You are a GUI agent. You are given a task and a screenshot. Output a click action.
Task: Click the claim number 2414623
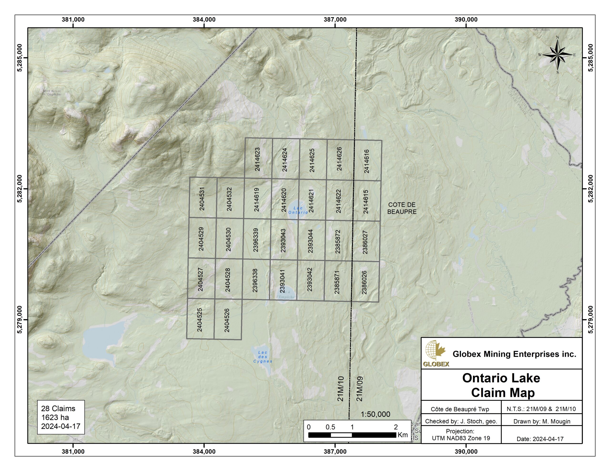point(257,159)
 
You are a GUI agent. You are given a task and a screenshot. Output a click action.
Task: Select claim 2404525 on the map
point(199,320)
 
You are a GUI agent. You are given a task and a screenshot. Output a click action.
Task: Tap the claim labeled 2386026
point(364,282)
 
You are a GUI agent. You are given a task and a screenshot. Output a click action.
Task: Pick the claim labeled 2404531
point(202,199)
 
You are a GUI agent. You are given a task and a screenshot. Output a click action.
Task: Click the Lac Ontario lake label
point(298,210)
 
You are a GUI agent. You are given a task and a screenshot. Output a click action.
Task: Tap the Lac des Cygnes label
point(263,357)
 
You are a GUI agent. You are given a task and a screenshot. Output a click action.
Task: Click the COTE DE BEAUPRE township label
point(402,208)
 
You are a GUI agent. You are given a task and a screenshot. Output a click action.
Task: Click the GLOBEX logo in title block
point(436,353)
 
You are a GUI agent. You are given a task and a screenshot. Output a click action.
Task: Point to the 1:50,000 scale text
point(375,414)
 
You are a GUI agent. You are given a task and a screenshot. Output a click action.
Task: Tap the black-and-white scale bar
point(352,435)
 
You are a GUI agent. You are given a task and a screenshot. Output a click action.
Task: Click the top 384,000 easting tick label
point(204,20)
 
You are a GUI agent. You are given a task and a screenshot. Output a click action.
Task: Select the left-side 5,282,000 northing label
point(20,189)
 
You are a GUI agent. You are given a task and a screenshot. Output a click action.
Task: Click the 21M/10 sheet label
point(340,389)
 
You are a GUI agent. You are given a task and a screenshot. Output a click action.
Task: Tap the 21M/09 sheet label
point(360,389)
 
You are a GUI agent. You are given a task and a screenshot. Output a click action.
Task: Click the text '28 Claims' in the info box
point(58,408)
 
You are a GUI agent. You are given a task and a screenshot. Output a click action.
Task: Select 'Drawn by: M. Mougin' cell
point(542,421)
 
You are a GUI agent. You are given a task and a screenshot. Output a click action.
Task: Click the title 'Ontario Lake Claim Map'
point(501,385)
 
